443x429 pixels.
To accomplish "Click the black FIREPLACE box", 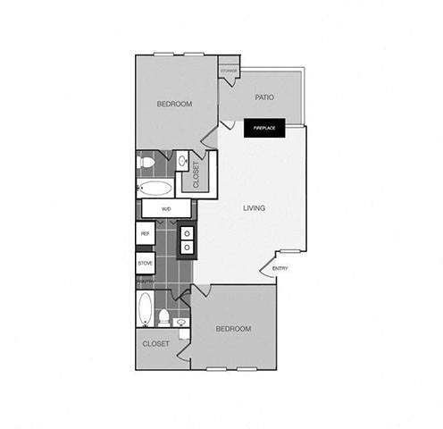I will click(264, 128).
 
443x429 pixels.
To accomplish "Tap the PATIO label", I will click(263, 97).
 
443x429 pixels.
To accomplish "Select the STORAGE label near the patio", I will click(229, 69).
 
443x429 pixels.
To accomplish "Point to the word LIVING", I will click(255, 208).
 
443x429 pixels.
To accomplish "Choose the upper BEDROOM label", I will click(174, 104).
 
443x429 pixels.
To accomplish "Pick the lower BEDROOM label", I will click(233, 329).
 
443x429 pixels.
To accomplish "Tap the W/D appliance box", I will click(166, 208).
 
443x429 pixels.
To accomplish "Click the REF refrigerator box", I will click(144, 233).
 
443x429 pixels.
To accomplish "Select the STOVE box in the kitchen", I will click(145, 264).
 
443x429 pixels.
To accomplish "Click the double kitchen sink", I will click(187, 240).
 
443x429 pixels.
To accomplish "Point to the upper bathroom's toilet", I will click(146, 163).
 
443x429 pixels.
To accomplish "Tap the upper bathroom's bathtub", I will click(157, 189).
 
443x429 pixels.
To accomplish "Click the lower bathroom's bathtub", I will click(146, 310).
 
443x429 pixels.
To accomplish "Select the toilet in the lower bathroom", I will click(164, 317).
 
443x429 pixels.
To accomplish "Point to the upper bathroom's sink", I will click(181, 162).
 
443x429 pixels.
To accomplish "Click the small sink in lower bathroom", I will click(181, 322).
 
